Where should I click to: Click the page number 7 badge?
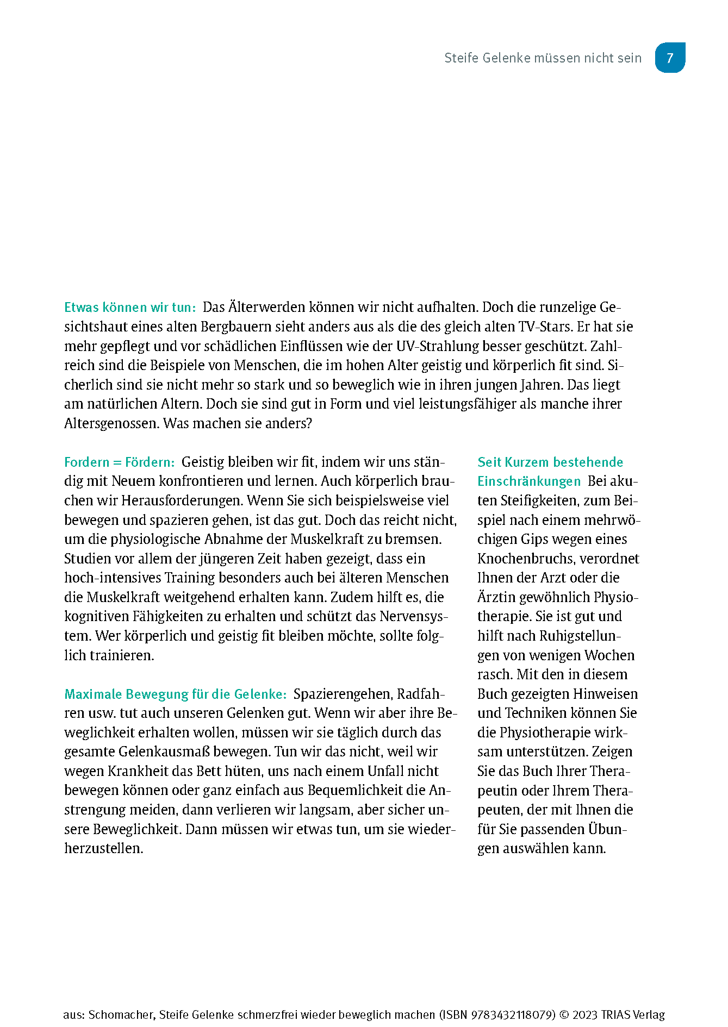pos(669,58)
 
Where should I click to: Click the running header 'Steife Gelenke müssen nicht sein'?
pos(543,58)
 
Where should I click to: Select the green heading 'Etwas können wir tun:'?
pos(129,308)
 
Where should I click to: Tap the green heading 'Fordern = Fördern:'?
pos(119,462)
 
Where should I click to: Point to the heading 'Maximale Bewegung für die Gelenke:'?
pos(175,694)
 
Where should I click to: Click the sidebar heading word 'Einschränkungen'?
pos(528,481)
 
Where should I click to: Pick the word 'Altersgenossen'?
pos(111,423)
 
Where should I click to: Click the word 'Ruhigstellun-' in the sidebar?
pos(580,636)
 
